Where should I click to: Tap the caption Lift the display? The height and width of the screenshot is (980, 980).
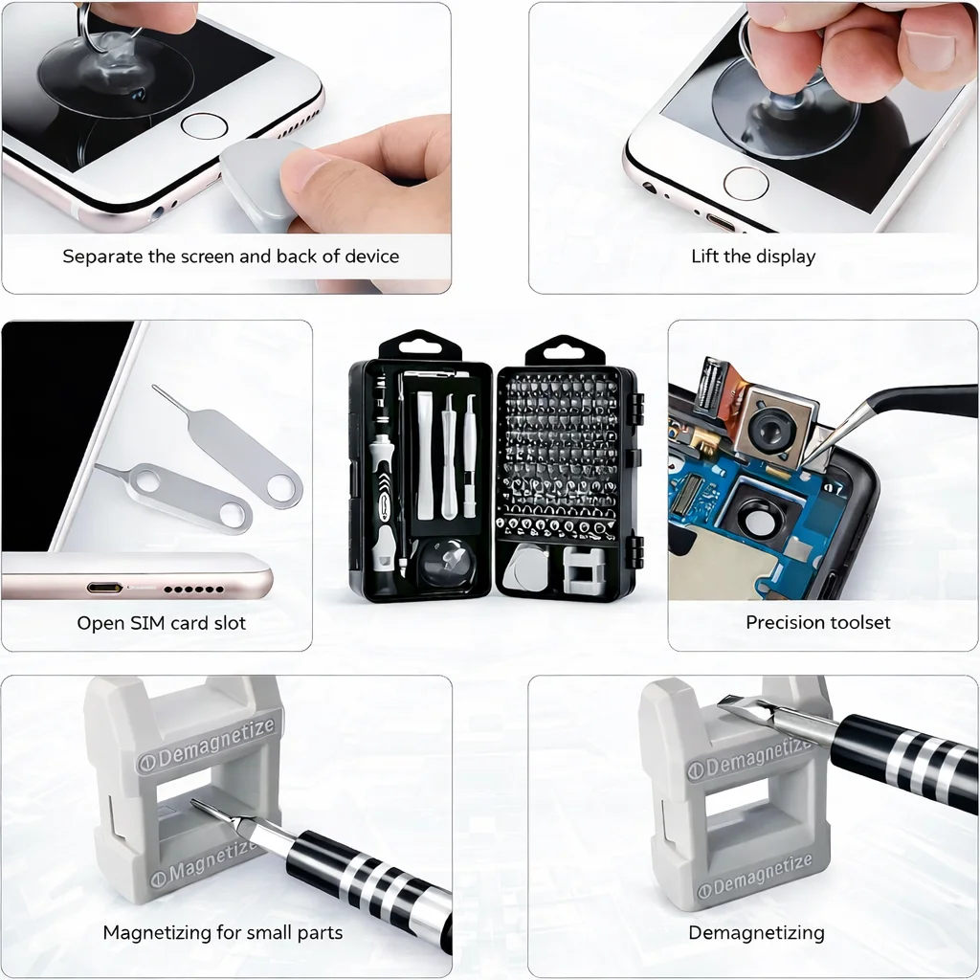pyautogui.click(x=753, y=256)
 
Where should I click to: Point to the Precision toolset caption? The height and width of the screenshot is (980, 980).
pyautogui.click(x=818, y=622)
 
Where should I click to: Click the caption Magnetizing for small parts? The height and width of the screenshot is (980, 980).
pyautogui.click(x=223, y=932)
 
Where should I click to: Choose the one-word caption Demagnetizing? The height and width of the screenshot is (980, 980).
pyautogui.click(x=756, y=932)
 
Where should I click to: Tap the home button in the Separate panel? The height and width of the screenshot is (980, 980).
pyautogui.click(x=204, y=125)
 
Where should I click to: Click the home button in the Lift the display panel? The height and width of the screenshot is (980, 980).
pyautogui.click(x=746, y=183)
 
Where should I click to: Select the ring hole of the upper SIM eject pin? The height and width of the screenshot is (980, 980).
pyautogui.click(x=281, y=489)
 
